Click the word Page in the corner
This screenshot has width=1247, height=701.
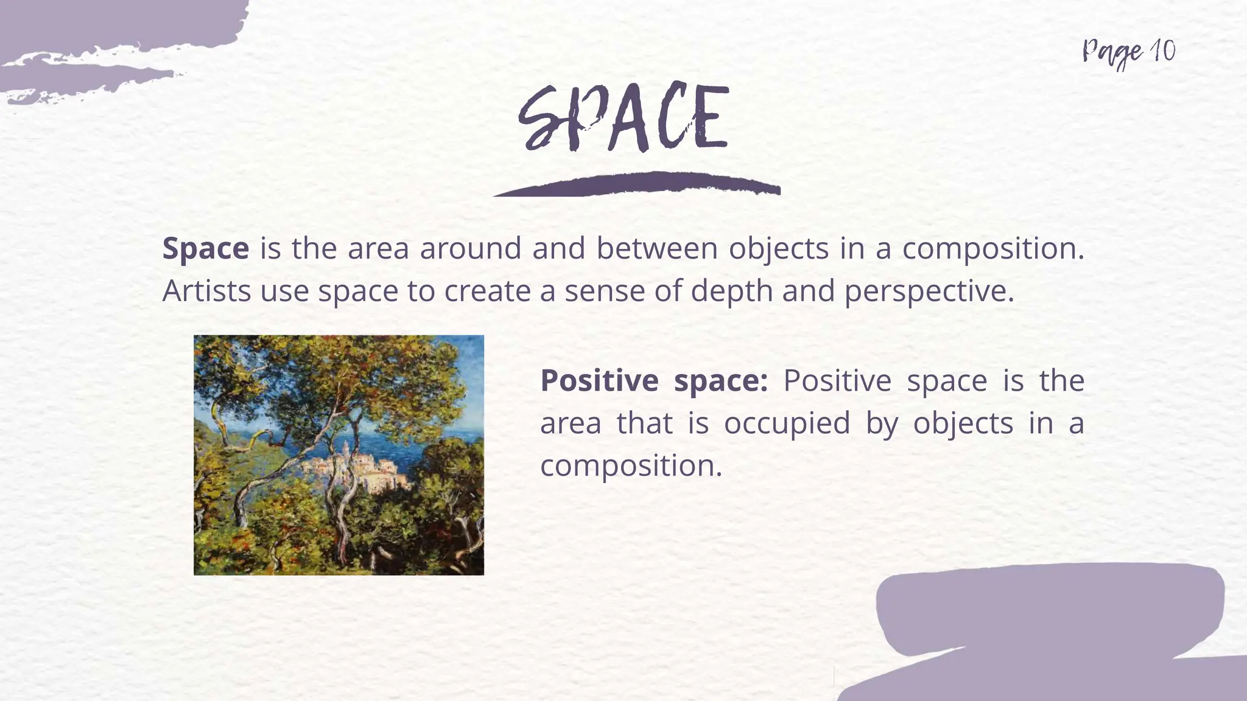click(1112, 53)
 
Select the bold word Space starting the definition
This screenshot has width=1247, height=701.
click(205, 249)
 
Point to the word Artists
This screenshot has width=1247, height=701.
click(206, 291)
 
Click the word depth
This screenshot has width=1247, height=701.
click(731, 291)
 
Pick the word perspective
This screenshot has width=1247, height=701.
click(929, 291)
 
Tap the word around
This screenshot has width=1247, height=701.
click(471, 248)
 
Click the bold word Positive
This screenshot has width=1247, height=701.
click(599, 381)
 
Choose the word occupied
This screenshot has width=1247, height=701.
click(787, 424)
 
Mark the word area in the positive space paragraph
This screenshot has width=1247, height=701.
click(570, 424)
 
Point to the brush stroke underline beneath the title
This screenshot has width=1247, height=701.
click(637, 184)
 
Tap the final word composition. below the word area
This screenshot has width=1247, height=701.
click(631, 466)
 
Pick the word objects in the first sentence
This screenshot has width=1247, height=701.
click(779, 248)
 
